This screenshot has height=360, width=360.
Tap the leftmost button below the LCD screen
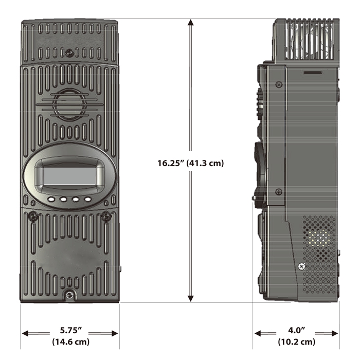(51, 199)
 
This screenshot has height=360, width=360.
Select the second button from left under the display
(63, 200)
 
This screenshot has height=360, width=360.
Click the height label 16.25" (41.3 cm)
(191, 164)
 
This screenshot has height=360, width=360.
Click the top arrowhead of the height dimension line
(191, 23)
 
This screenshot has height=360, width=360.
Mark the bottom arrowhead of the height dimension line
(191, 298)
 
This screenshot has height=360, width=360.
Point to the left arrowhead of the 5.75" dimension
(25, 333)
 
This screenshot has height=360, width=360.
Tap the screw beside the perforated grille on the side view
(301, 266)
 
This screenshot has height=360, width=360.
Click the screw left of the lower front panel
(32, 216)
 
